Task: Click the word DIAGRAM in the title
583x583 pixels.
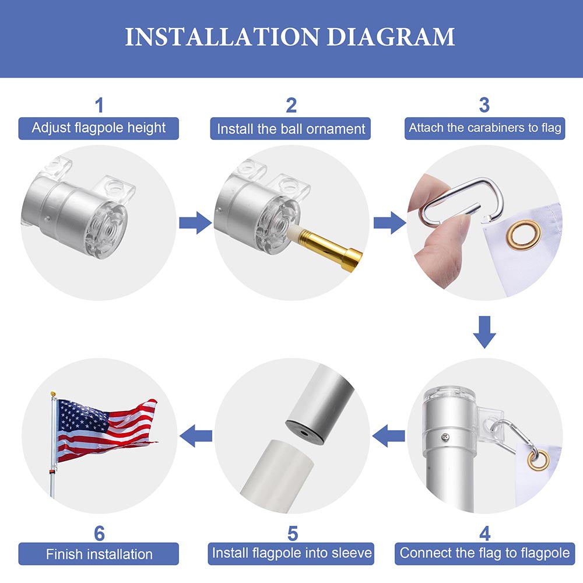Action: pyautogui.click(x=391, y=37)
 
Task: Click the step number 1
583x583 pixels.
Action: pyautogui.click(x=99, y=106)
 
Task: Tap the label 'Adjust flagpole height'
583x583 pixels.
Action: pyautogui.click(x=99, y=128)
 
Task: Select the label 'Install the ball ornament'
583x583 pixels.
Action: pyautogui.click(x=291, y=129)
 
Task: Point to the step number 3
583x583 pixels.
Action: pyautogui.click(x=484, y=106)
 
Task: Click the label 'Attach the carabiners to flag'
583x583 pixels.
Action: pyautogui.click(x=484, y=128)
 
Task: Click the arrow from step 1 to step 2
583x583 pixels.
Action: pyautogui.click(x=195, y=222)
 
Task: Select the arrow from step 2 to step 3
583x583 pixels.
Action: pyautogui.click(x=389, y=222)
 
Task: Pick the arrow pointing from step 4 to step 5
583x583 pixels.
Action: pyautogui.click(x=388, y=436)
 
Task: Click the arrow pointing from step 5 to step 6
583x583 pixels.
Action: pyautogui.click(x=195, y=436)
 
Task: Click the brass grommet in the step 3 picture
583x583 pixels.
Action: pyautogui.click(x=523, y=233)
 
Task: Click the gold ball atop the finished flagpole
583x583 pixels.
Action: pyautogui.click(x=53, y=394)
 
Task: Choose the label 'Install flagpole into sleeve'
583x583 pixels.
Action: pyautogui.click(x=292, y=553)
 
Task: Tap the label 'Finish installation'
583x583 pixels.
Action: pyautogui.click(x=99, y=553)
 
